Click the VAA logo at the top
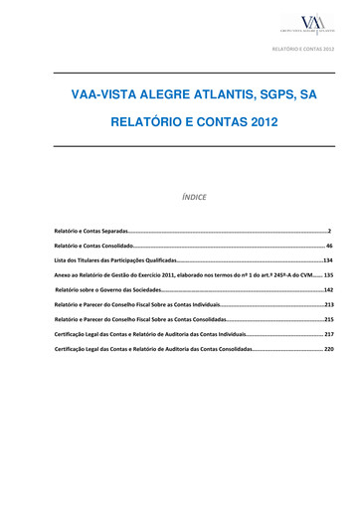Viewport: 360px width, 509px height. point(312,24)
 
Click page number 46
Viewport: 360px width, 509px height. point(329,244)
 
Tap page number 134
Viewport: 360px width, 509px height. point(327,258)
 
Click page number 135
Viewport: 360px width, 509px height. point(328,273)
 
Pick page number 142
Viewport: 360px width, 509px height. point(328,288)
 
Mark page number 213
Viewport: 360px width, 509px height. point(328,303)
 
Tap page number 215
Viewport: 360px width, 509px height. point(328,319)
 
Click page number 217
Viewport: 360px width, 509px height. point(328,334)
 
